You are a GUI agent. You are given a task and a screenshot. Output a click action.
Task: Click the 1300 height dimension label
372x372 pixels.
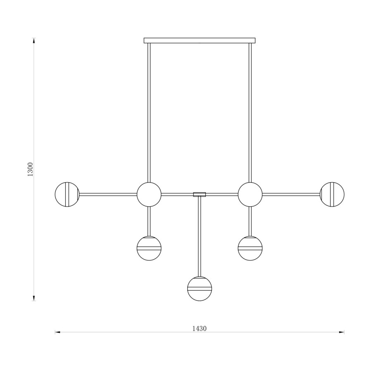30,169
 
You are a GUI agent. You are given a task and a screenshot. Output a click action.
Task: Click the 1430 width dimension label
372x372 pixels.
199,328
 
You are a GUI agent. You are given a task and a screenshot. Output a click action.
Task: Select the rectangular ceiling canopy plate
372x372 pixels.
200,41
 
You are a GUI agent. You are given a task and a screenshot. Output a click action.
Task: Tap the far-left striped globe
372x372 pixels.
67,194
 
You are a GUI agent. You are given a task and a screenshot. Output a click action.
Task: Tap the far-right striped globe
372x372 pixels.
332,194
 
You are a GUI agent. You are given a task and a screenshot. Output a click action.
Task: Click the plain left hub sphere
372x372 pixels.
149,194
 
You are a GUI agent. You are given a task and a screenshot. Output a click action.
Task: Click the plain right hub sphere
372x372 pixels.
250,194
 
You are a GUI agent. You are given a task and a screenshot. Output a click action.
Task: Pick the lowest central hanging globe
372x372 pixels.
200,289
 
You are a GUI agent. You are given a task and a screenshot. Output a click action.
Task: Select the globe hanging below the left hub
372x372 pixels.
149,248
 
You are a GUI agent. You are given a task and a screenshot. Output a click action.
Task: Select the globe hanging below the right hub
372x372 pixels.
250,248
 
